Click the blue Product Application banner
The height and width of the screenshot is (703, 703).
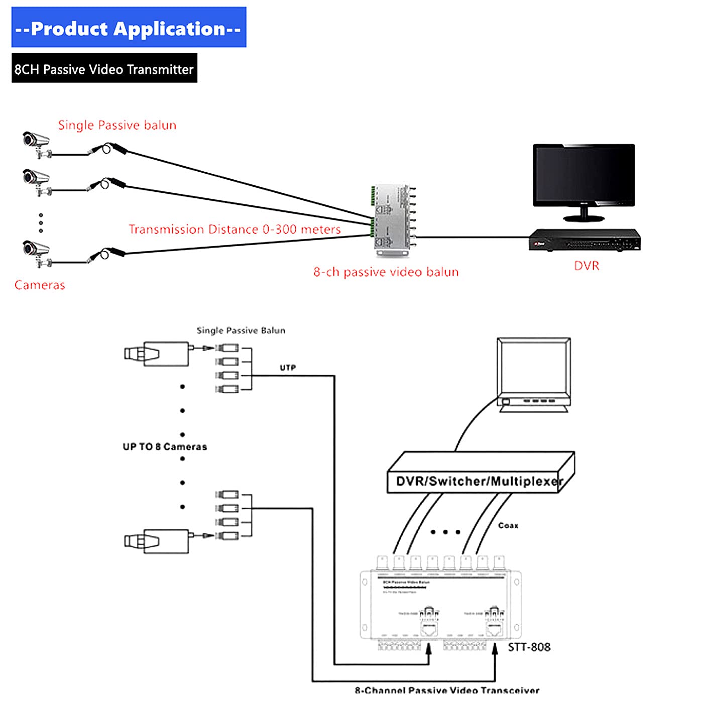click(129, 28)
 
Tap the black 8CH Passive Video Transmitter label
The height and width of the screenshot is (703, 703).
click(104, 69)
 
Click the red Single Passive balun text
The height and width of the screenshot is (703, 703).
click(117, 125)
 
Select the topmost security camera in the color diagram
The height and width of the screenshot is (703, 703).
click(37, 143)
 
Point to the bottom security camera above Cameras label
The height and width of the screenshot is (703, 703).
click(37, 252)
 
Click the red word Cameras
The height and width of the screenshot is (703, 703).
click(40, 285)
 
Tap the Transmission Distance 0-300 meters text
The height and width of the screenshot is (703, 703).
click(235, 229)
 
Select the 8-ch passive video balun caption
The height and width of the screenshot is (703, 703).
click(386, 272)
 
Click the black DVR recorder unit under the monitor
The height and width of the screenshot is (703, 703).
click(584, 240)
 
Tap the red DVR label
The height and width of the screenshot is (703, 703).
click(587, 266)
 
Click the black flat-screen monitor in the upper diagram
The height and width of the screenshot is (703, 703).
click(583, 177)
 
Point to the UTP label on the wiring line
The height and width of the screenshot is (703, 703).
click(288, 368)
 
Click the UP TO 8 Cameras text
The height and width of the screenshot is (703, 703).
click(165, 446)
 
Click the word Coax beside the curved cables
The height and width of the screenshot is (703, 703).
click(508, 525)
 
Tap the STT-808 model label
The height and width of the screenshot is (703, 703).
click(529, 647)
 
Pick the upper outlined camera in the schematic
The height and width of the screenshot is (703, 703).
click(157, 354)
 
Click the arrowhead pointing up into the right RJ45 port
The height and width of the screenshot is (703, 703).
click(495, 649)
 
